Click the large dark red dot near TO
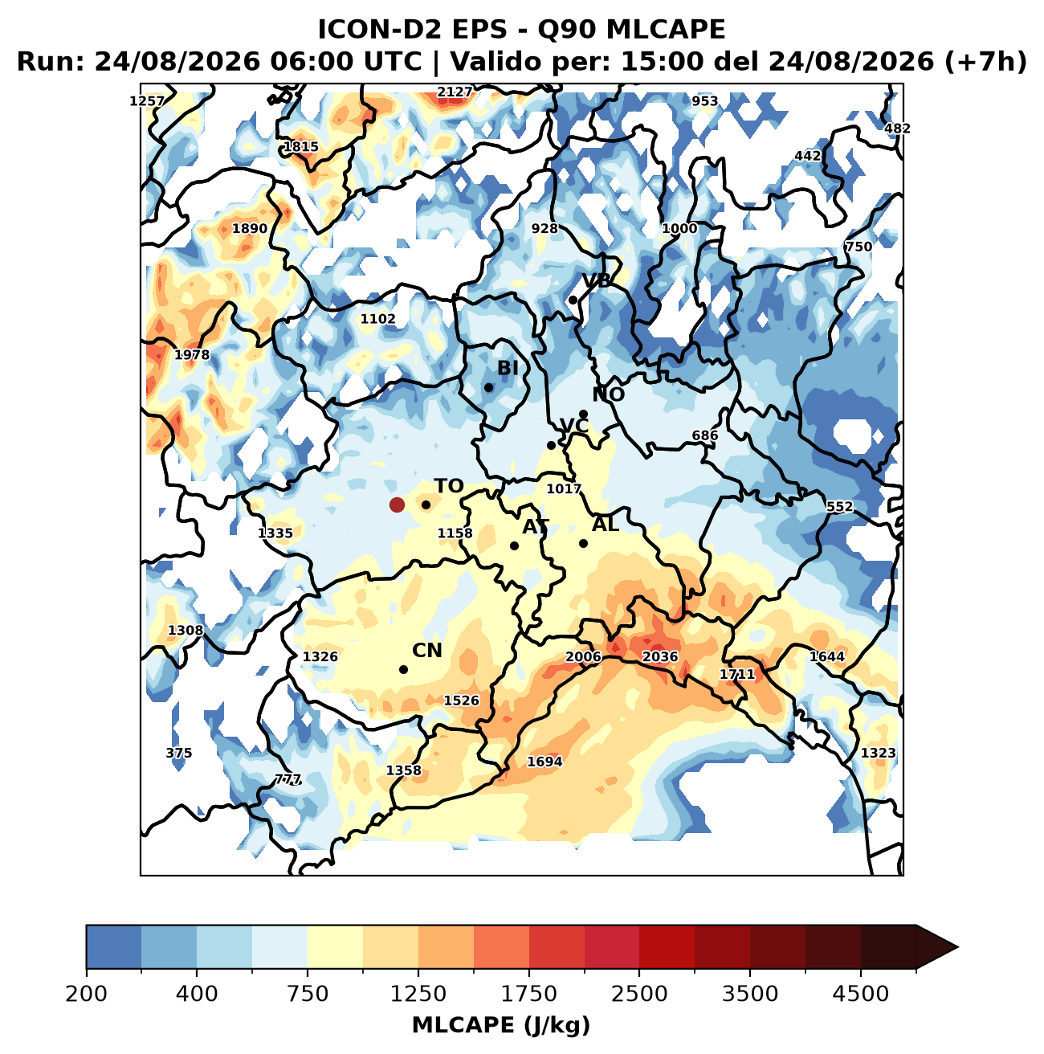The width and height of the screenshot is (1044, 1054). [x=397, y=505]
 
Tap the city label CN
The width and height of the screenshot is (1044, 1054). [x=427, y=651]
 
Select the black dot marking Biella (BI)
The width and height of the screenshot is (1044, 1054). [x=489, y=388]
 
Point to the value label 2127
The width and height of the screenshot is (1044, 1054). [x=455, y=92]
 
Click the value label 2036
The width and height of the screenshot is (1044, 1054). [x=660, y=656]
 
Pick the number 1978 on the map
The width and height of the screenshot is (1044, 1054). [x=192, y=355]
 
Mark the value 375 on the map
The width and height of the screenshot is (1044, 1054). [x=179, y=754]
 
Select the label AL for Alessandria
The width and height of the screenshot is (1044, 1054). [x=606, y=525]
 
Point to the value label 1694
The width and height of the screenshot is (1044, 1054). [x=544, y=762]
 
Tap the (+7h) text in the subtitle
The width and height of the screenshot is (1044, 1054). [x=986, y=62]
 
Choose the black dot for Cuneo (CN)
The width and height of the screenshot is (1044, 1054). [x=404, y=669]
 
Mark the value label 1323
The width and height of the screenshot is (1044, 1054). [x=879, y=754]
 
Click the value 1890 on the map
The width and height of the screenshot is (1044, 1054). [x=250, y=229]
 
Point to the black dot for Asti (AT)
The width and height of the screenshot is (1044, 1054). [x=514, y=545]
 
